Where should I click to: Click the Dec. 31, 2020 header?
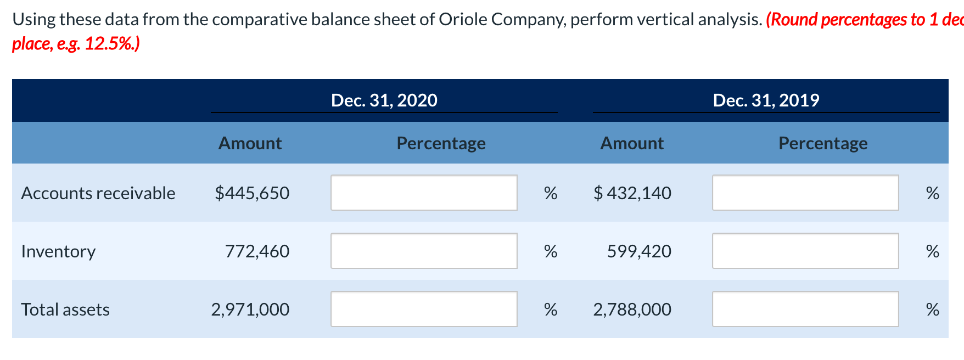[384, 100]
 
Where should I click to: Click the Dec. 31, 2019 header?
[766, 100]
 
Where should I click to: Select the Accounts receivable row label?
[98, 193]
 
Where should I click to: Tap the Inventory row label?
[58, 251]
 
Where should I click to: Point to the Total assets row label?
[65, 310]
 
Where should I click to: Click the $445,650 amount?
[252, 193]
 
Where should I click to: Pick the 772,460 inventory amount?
[257, 251]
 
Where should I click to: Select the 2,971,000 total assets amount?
[250, 310]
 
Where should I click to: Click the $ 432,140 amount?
[632, 193]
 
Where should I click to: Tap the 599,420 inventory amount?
[639, 251]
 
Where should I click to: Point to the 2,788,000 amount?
[632, 310]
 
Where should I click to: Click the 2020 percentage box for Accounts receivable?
[424, 193]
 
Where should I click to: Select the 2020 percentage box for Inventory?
[424, 251]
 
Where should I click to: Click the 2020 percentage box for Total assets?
[424, 309]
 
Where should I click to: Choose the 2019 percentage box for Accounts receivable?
[805, 193]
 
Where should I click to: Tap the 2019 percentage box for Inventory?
[805, 251]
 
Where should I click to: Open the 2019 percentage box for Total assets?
[805, 309]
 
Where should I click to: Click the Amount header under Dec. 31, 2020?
[250, 143]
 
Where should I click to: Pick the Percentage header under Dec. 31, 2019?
[823, 143]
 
